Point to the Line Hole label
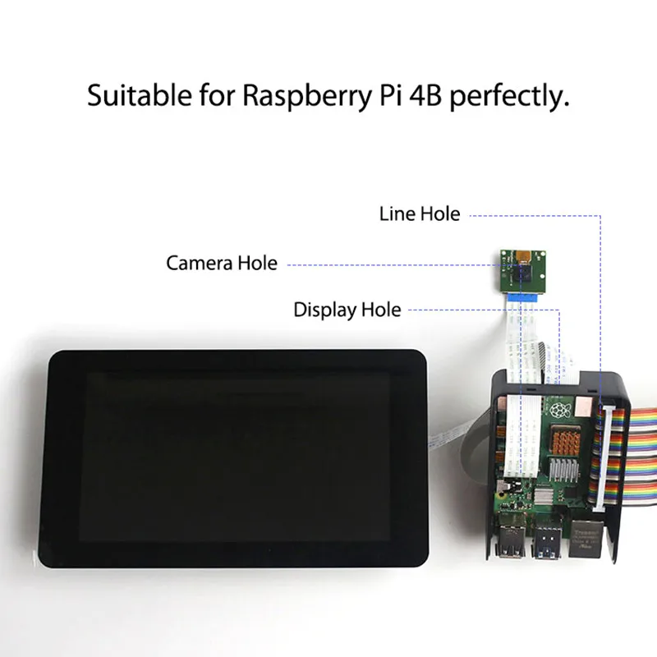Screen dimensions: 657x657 [x=419, y=214]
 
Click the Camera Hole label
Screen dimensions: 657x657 [x=222, y=264]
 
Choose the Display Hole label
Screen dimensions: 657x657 [x=347, y=310]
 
